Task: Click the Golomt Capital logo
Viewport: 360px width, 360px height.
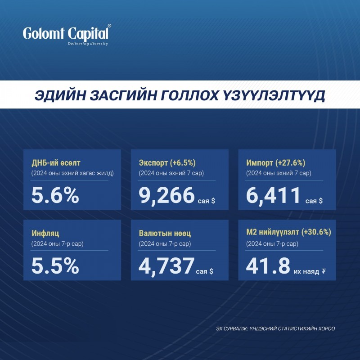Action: (67, 35)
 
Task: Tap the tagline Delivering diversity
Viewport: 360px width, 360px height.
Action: (88, 44)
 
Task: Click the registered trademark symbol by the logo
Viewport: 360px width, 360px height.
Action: (109, 26)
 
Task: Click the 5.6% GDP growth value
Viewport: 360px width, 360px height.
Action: (55, 195)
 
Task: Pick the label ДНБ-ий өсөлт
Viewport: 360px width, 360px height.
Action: (56, 163)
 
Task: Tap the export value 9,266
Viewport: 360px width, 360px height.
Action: (166, 195)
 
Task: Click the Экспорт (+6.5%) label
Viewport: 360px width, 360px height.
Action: (167, 163)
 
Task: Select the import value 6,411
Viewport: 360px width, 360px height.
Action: (273, 195)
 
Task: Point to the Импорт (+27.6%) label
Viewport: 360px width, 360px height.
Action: (276, 163)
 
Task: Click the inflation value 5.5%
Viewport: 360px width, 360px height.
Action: (55, 266)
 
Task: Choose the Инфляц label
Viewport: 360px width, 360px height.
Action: (45, 234)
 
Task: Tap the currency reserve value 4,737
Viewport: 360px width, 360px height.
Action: (166, 266)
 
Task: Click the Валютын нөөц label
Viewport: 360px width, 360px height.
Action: (165, 234)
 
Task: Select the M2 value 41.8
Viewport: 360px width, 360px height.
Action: (268, 266)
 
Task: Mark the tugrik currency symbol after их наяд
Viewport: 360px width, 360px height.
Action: (324, 272)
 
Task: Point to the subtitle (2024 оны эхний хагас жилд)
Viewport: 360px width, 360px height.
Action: (72, 173)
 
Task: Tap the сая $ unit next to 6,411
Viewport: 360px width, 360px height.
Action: (314, 201)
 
